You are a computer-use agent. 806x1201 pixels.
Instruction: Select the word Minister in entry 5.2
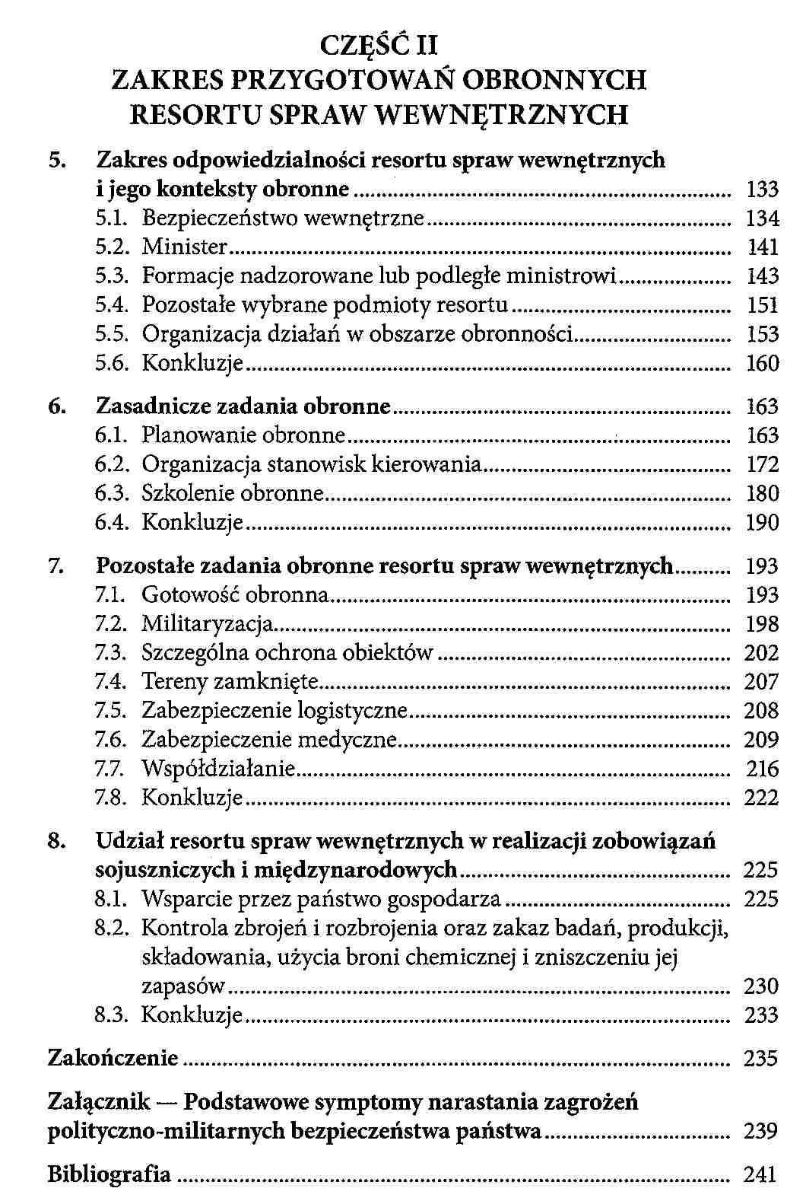tap(185, 247)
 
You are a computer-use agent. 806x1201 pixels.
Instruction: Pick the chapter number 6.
tap(55, 406)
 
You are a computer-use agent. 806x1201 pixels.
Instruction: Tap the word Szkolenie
tap(189, 493)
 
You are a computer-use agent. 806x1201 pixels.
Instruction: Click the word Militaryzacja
tap(207, 624)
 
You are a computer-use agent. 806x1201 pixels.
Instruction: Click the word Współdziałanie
tap(217, 769)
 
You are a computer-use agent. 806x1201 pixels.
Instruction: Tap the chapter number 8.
tap(55, 842)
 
